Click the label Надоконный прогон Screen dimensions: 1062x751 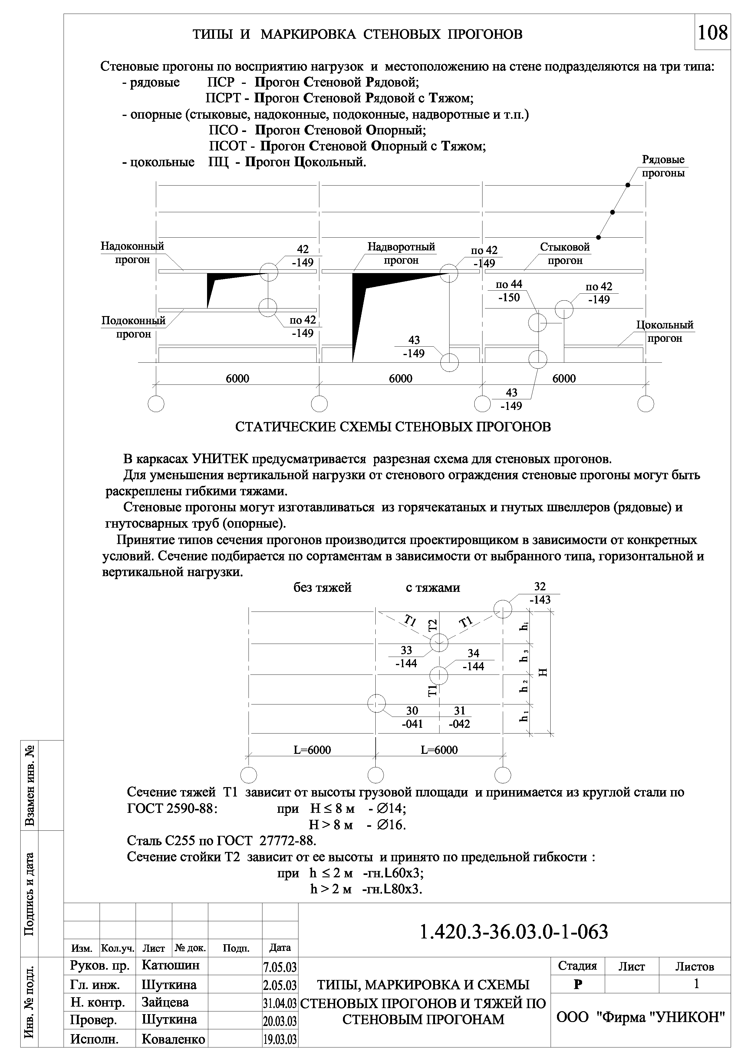(133, 253)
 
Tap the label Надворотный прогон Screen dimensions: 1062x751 (401, 253)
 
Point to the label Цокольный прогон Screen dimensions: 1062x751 (664, 331)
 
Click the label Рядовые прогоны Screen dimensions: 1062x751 (663, 167)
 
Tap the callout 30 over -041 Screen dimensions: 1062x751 (412, 717)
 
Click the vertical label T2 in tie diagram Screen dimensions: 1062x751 (432, 625)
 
